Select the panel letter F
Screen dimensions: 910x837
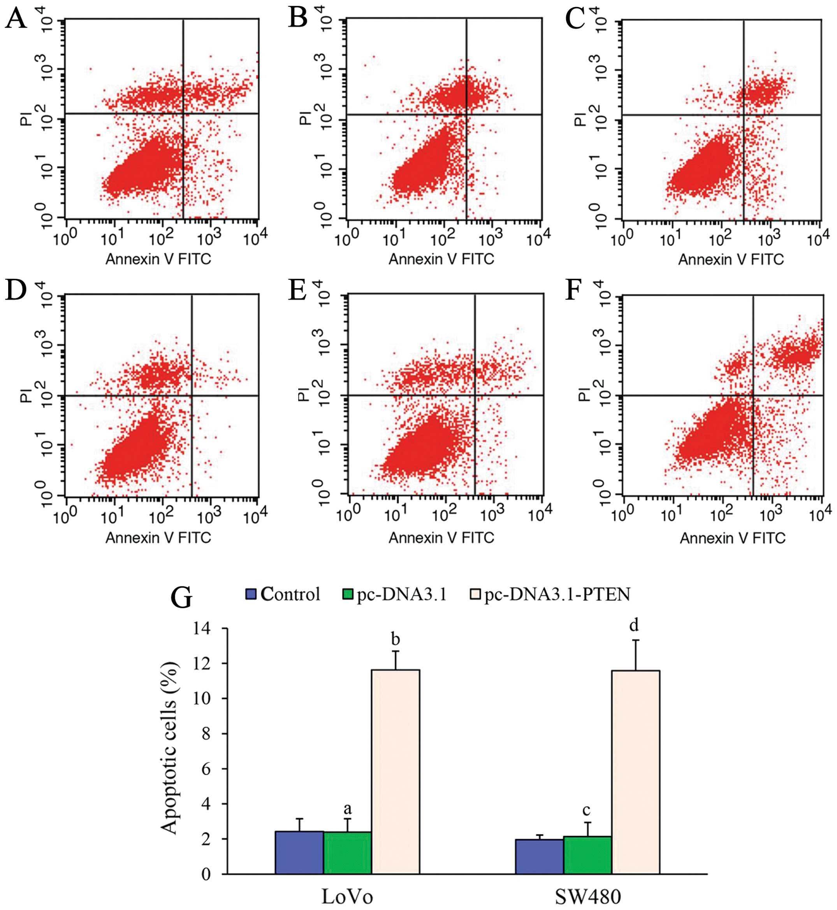(573, 291)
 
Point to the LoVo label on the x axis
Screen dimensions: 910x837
(347, 896)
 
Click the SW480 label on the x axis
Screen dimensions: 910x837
(588, 896)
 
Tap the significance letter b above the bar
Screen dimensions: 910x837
(396, 640)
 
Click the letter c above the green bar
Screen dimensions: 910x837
(587, 810)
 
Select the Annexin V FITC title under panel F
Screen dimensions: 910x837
(732, 538)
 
